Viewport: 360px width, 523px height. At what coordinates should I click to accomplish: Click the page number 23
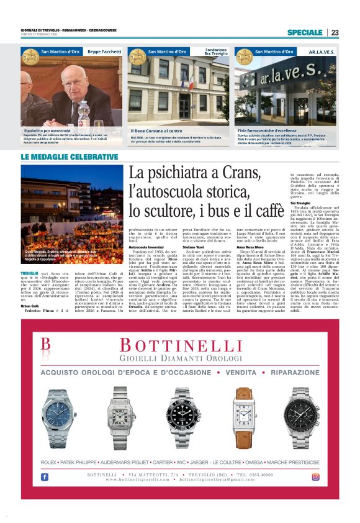click(335, 32)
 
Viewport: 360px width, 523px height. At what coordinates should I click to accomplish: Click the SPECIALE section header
click(305, 32)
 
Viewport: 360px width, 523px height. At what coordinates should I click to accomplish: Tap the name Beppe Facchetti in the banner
click(102, 52)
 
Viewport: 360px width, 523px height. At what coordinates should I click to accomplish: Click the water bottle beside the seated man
click(83, 113)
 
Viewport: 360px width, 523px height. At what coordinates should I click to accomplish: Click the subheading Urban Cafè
click(30, 306)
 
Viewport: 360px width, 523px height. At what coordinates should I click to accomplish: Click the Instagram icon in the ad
click(316, 476)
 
